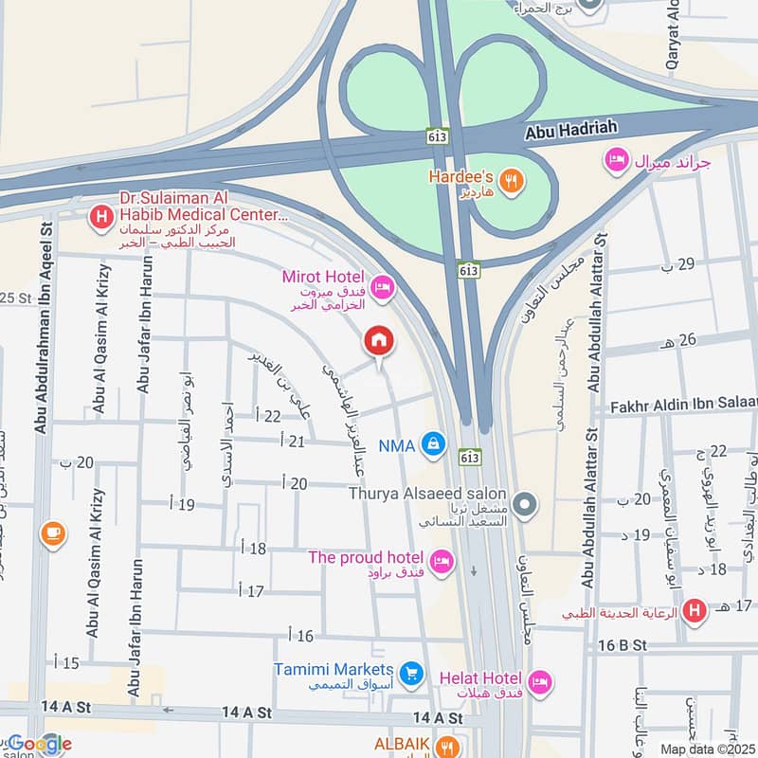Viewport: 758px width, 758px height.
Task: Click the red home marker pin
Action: (379, 340)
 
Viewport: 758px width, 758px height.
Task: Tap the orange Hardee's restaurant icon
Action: (511, 180)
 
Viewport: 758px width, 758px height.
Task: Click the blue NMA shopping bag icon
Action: (433, 443)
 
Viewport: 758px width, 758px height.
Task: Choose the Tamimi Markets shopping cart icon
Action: (410, 674)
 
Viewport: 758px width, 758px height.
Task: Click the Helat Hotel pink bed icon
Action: (539, 681)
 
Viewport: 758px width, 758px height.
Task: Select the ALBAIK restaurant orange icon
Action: (449, 748)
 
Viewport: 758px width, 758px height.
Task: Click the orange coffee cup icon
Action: (53, 534)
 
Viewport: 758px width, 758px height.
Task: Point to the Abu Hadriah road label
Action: (570, 135)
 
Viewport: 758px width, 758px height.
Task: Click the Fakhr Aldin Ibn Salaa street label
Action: (679, 404)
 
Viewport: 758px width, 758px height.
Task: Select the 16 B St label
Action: (622, 644)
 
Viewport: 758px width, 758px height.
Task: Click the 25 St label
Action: (15, 298)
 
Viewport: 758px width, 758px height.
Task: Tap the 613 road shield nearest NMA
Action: (469, 456)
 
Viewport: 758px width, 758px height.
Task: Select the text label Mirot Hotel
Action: (322, 276)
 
